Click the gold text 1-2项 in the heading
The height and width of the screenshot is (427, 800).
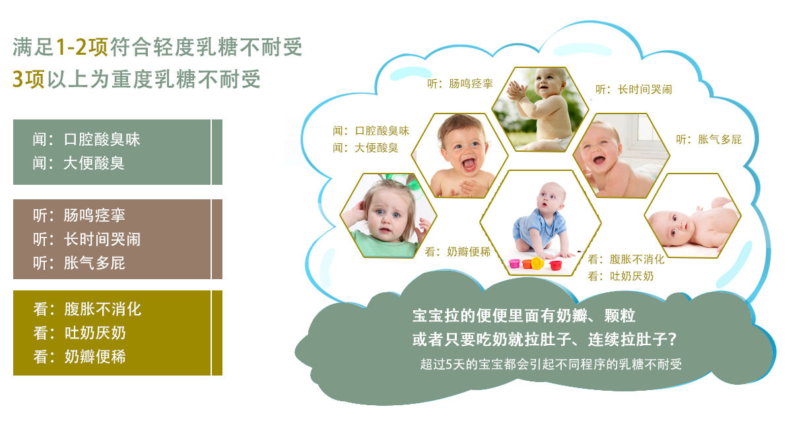pos(82,47)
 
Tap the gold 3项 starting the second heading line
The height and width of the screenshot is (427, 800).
pos(28,79)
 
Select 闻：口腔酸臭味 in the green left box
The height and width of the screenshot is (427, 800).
pos(86,139)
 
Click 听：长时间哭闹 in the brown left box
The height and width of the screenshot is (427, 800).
pos(86,239)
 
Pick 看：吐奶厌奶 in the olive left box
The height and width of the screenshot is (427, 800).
pos(79,333)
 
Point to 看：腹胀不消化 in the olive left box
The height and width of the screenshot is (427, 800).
pos(87,309)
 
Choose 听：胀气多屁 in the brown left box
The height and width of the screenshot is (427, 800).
pos(79,263)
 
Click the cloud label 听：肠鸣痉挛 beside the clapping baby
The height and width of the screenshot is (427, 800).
pos(460,84)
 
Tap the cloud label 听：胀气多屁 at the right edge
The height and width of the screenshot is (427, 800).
pos(708,139)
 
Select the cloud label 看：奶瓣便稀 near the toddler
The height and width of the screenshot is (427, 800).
pos(457,251)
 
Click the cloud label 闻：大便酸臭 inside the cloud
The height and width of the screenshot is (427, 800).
pos(366,148)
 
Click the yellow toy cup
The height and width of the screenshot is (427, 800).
pos(537,263)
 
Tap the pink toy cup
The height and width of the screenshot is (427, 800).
pos(515,263)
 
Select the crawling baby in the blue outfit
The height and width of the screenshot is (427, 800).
pos(542,220)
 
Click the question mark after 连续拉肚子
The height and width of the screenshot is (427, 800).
pos(672,339)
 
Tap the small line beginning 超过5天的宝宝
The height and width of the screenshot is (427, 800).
pos(550,364)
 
